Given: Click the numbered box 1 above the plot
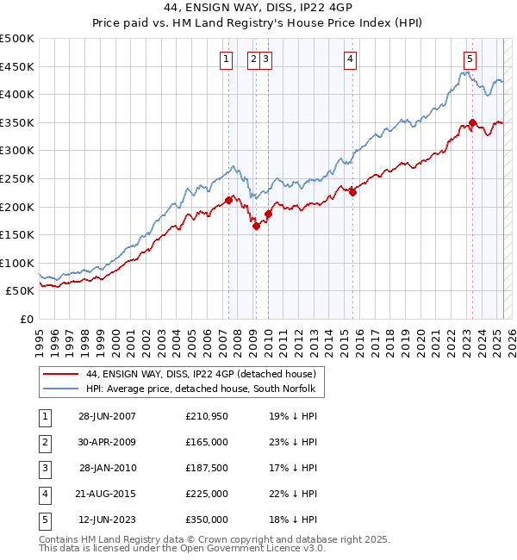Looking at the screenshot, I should (226, 59).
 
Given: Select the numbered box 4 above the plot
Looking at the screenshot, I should (351, 59).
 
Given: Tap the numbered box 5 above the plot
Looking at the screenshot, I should (470, 59).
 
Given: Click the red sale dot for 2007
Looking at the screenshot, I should (228, 200).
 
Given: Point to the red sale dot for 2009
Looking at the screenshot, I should (256, 226).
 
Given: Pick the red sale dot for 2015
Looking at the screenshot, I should (352, 192).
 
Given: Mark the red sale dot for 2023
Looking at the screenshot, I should (472, 122).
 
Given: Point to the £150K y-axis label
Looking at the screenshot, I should (17, 234).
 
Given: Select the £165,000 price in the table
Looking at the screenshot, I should (207, 442).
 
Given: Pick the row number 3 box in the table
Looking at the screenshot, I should (43, 468).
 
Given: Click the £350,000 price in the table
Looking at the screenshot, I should (207, 520).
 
